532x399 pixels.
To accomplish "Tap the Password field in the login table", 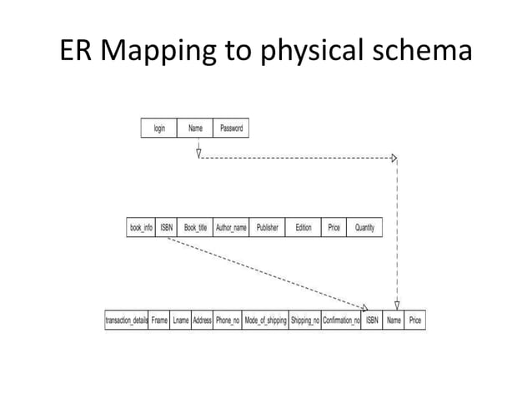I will (x=231, y=129).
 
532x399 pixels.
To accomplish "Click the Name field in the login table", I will (x=195, y=129).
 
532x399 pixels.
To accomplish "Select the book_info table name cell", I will (x=141, y=227).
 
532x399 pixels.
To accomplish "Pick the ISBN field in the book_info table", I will (x=167, y=227).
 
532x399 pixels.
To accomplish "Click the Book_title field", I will (x=195, y=227).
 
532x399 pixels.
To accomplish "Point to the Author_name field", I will (x=231, y=227).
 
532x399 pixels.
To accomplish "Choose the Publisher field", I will (x=267, y=227).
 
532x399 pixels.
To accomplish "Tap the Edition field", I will (x=304, y=227).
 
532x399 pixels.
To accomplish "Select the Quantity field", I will (x=364, y=227).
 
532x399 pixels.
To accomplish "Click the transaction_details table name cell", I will (x=126, y=320).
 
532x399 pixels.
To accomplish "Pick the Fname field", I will (x=159, y=320).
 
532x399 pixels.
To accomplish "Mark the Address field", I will (x=202, y=320).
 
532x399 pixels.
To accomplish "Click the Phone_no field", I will (x=228, y=320).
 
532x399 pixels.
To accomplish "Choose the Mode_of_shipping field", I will (x=265, y=320).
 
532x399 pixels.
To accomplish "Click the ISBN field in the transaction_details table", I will (x=372, y=320).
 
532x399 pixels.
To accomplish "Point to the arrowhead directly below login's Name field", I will (x=198, y=153).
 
